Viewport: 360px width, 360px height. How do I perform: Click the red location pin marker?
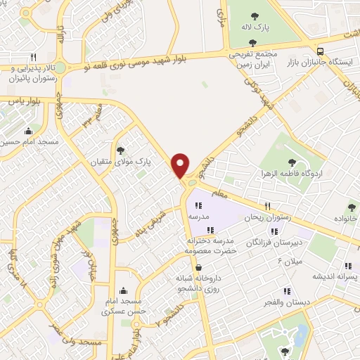coord(181,165)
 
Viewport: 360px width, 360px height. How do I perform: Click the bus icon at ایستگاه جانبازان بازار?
coord(321,51)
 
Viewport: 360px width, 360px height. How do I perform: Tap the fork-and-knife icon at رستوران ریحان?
coord(267,206)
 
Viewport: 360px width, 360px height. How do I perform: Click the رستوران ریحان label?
coord(267,218)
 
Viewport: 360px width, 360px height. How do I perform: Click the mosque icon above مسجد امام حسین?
coord(28,130)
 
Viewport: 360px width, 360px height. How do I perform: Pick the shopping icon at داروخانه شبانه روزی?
coord(199,267)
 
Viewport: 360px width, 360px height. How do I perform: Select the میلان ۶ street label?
coord(289,262)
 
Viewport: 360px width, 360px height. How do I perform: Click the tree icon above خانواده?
coord(351,207)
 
